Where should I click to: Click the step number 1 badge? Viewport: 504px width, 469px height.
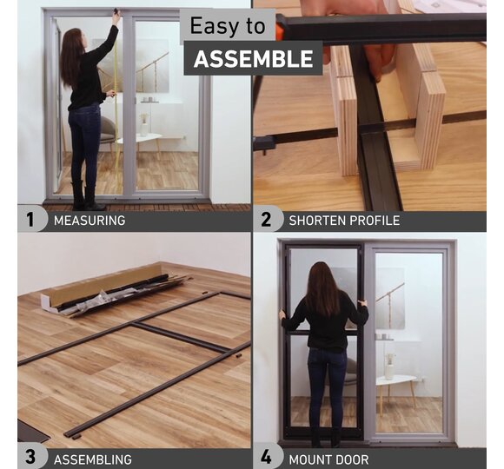click(x=30, y=220)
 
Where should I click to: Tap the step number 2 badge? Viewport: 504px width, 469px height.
click(x=266, y=220)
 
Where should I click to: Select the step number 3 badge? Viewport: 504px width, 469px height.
click(x=30, y=457)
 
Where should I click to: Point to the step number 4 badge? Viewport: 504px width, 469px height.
click(x=266, y=457)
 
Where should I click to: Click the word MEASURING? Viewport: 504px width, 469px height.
click(x=90, y=221)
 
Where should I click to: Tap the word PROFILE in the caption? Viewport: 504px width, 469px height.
click(x=375, y=221)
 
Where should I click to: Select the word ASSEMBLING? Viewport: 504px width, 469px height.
click(x=93, y=459)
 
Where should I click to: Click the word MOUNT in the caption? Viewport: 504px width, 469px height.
click(x=310, y=459)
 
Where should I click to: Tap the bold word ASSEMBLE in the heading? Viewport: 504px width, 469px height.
click(x=253, y=59)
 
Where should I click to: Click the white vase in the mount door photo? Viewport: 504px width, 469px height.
click(x=389, y=367)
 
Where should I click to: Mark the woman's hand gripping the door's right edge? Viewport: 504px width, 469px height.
click(x=363, y=303)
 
